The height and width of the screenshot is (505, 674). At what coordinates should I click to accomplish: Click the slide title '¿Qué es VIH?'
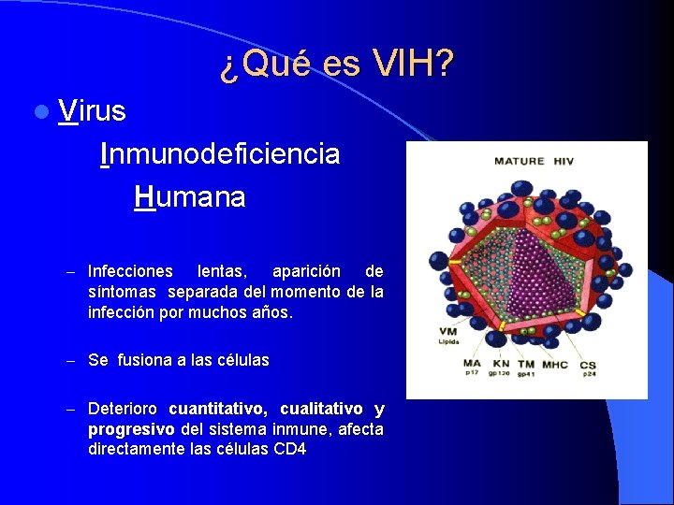(x=337, y=64)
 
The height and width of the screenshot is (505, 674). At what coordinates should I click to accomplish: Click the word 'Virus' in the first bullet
(x=91, y=111)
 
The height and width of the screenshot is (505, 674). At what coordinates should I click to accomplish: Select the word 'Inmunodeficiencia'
(x=220, y=153)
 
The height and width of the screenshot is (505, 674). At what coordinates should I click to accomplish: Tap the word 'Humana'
(x=189, y=197)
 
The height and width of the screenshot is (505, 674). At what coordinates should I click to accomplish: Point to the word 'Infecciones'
(x=130, y=271)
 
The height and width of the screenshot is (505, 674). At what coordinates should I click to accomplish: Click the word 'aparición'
(x=307, y=271)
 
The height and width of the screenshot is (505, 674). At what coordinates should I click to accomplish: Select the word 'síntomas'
(x=123, y=292)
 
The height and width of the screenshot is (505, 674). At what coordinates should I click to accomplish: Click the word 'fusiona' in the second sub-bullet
(x=140, y=360)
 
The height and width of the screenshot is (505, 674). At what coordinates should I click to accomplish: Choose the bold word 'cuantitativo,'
(x=218, y=409)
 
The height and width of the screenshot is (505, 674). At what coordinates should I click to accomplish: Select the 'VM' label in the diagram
(x=447, y=332)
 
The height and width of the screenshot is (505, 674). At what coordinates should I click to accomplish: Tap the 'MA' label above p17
(x=472, y=364)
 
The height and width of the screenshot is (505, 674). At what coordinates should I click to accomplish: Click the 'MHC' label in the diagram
(x=554, y=364)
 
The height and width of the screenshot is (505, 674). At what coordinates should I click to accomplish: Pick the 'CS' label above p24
(x=587, y=364)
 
